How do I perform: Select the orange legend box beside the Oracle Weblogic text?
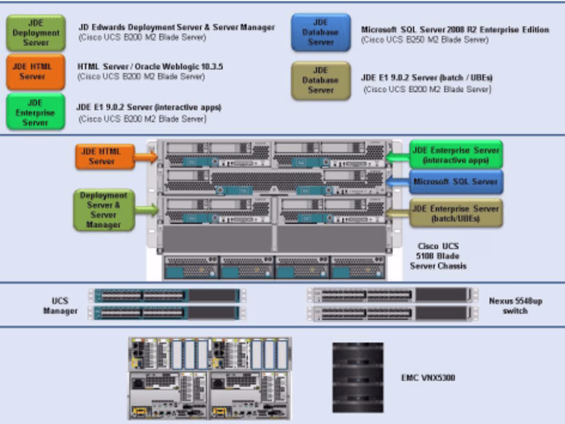pyautogui.click(x=32, y=72)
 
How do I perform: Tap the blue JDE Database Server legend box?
pyautogui.click(x=320, y=32)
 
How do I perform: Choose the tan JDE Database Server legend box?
pyautogui.click(x=320, y=80)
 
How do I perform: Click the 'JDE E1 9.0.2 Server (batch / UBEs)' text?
pyautogui.click(x=426, y=78)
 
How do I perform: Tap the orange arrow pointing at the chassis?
pyautogui.click(x=146, y=157)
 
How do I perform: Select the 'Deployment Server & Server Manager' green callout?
pyautogui.click(x=103, y=209)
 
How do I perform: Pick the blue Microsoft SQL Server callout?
pyautogui.click(x=456, y=182)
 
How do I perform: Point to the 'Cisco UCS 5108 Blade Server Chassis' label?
pyautogui.click(x=436, y=255)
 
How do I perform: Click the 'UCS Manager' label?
pyautogui.click(x=61, y=305)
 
